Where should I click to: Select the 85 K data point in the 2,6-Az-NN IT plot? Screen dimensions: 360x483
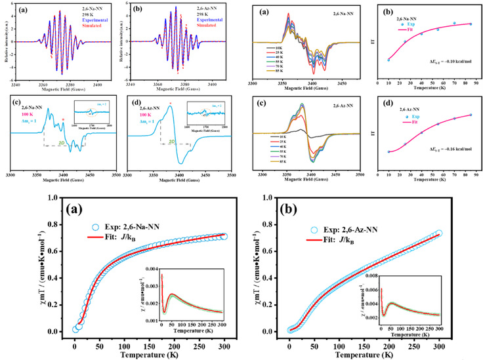click(471, 115)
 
